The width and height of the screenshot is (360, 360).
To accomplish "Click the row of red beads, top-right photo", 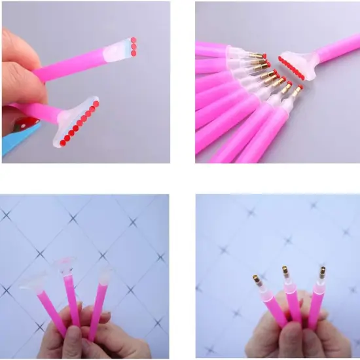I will coord(291,67).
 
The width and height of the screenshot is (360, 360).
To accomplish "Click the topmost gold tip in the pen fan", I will coord(257,56).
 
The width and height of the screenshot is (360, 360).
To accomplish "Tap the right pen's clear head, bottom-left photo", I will coord(103,275).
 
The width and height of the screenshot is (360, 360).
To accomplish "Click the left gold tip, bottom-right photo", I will coord(257,281).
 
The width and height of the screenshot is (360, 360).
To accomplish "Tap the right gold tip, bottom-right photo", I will coord(322,270).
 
